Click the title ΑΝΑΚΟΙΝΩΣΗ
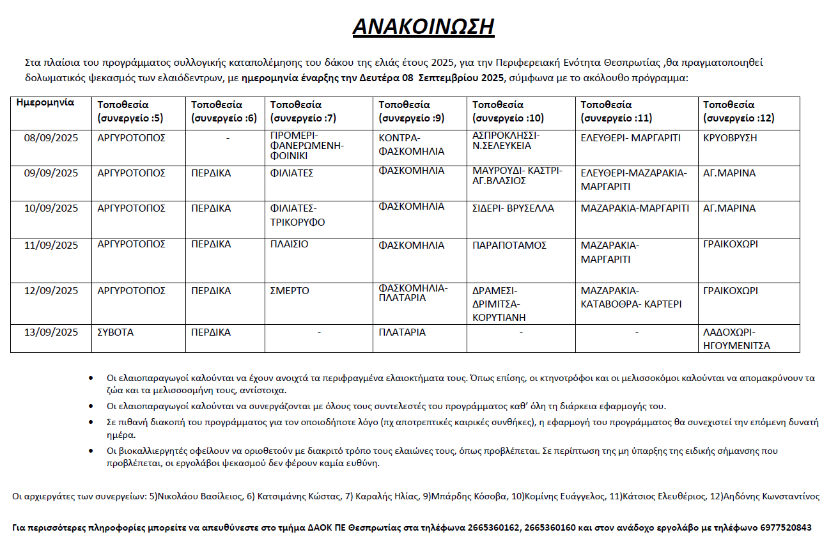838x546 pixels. pyautogui.click(x=423, y=26)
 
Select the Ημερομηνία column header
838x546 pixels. pyautogui.click(x=45, y=103)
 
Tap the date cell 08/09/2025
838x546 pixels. pyautogui.click(x=50, y=138)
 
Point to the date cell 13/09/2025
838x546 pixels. pyautogui.click(x=50, y=332)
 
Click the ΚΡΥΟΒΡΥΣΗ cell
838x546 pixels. pyautogui.click(x=730, y=138)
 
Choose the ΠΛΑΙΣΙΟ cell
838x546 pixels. pyautogui.click(x=290, y=244)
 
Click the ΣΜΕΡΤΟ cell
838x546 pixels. pyautogui.click(x=290, y=291)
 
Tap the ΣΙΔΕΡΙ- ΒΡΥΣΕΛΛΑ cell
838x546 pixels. pyautogui.click(x=513, y=208)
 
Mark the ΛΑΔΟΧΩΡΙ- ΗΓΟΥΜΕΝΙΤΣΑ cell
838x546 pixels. pyautogui.click(x=736, y=339)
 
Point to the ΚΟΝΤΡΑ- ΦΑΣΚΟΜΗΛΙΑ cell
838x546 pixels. pyautogui.click(x=411, y=144)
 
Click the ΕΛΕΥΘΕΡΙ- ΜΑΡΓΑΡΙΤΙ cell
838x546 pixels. pyautogui.click(x=630, y=138)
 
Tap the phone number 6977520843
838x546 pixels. pyautogui.click(x=786, y=528)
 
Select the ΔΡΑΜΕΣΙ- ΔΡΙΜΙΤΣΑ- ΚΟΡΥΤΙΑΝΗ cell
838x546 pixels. pyautogui.click(x=499, y=304)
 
